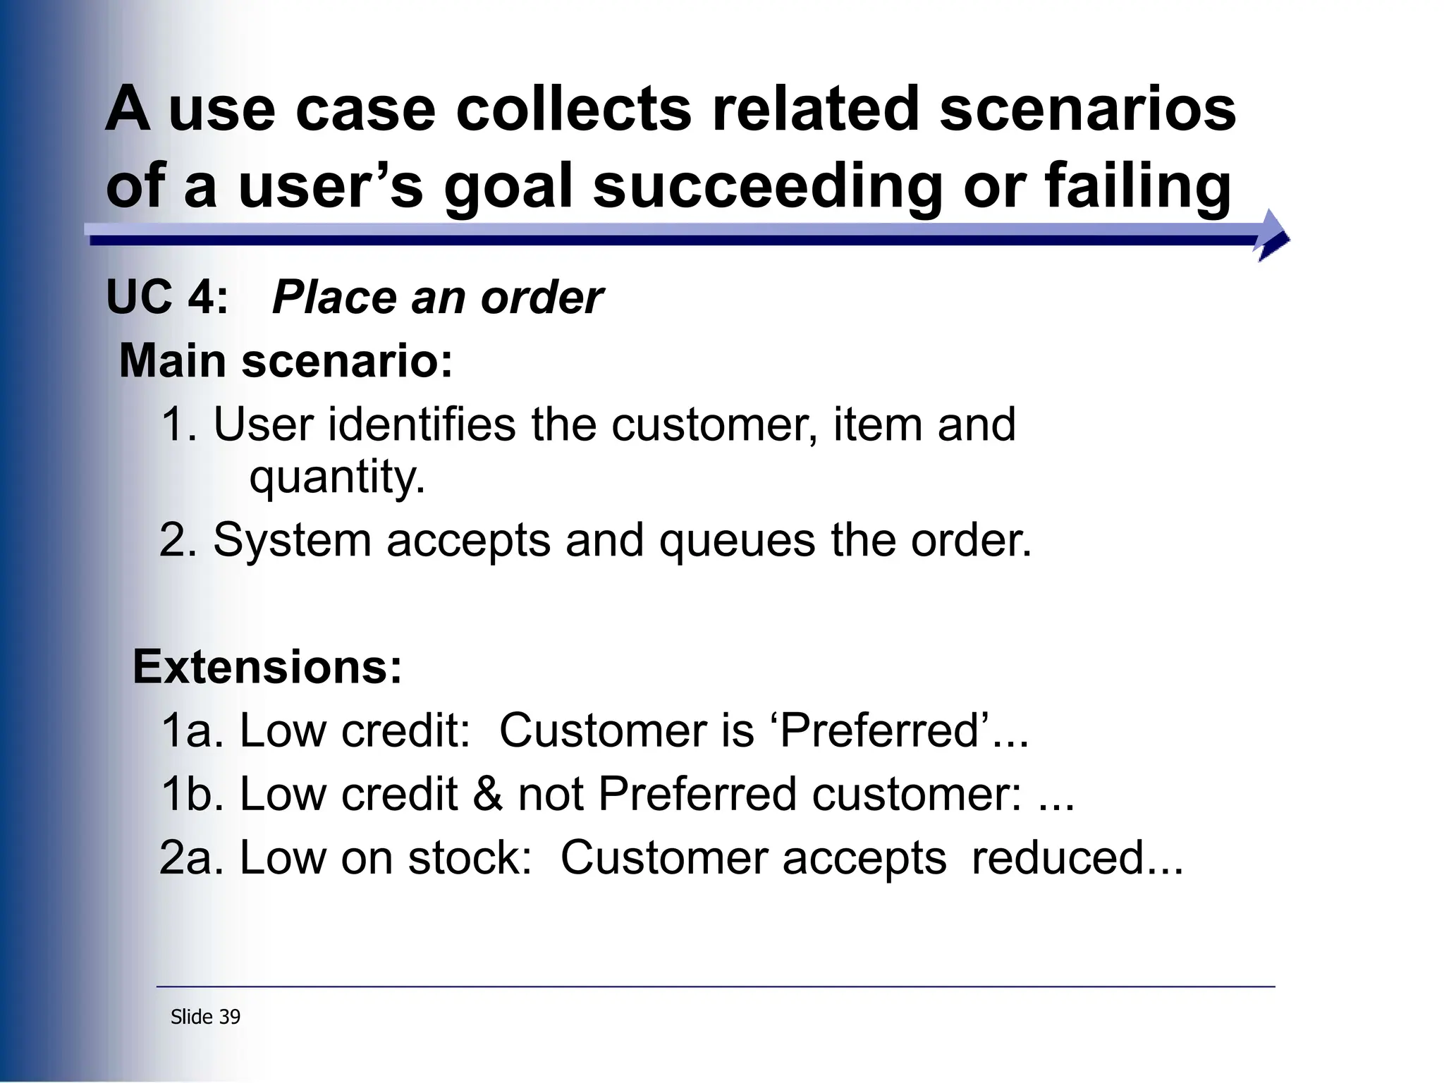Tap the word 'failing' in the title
click(1138, 187)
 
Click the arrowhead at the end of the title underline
click(1273, 235)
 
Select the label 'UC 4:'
click(167, 297)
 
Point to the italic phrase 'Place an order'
click(437, 297)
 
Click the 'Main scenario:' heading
click(286, 361)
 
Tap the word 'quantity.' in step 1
click(337, 477)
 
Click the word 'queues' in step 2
click(738, 541)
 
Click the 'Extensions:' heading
click(267, 667)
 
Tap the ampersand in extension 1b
click(487, 794)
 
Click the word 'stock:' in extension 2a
click(470, 858)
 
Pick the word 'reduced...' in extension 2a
click(1077, 858)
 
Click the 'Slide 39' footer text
click(205, 1017)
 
